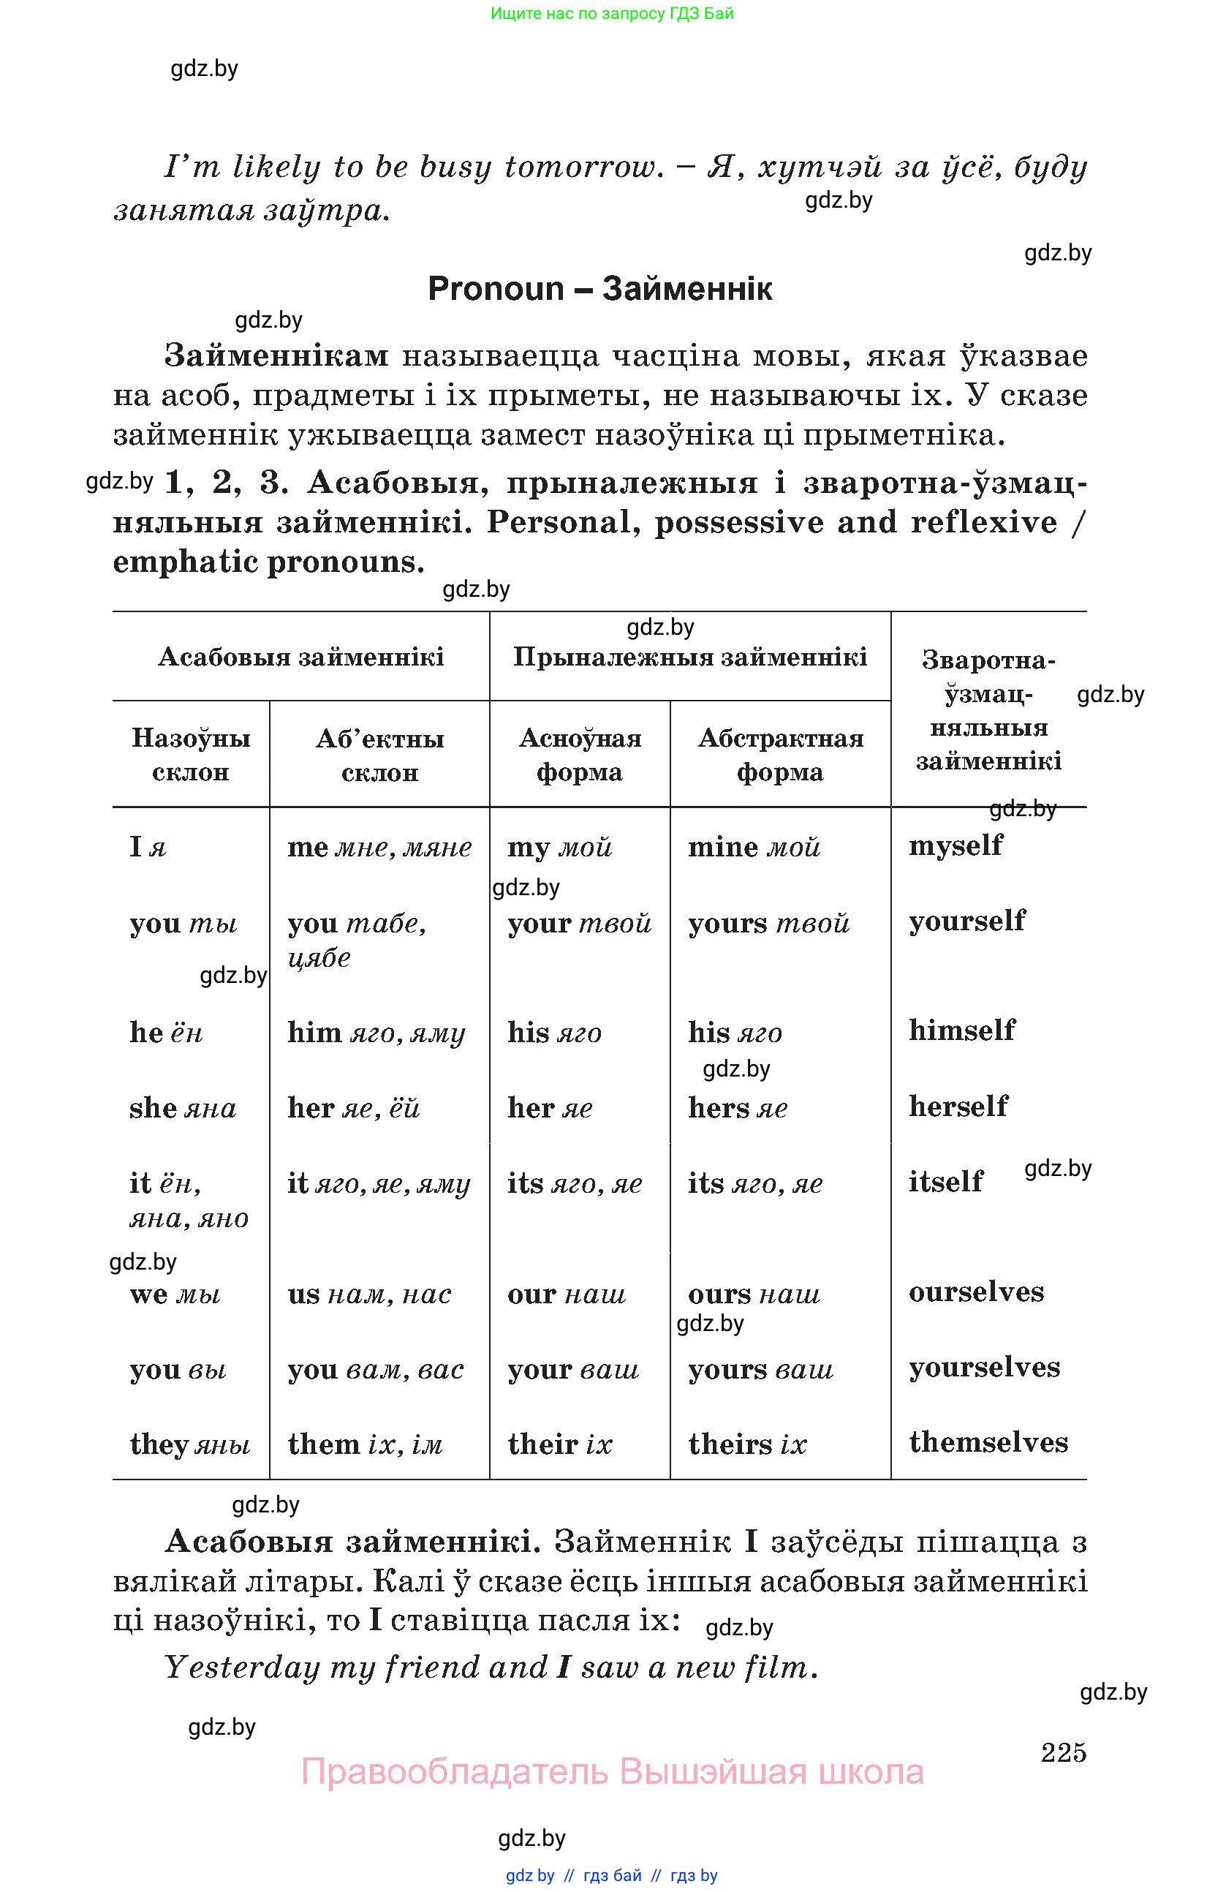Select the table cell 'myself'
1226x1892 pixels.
tap(955, 844)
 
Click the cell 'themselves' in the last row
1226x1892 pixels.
tap(988, 1442)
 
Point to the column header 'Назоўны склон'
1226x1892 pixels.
tap(191, 755)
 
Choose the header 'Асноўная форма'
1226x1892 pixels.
tap(579, 755)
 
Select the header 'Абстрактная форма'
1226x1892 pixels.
tap(780, 755)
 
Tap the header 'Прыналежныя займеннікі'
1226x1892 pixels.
tap(689, 657)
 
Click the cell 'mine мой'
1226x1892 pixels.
tap(753, 847)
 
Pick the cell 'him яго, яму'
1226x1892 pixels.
tap(376, 1033)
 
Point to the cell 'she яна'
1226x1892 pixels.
tap(183, 1107)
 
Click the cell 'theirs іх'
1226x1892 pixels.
tap(747, 1444)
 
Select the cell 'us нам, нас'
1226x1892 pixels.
tap(368, 1294)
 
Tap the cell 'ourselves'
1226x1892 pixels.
tap(976, 1292)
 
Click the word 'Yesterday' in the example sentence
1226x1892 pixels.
tap(241, 1667)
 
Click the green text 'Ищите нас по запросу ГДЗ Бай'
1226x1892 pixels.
tap(612, 13)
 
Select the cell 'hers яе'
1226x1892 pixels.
tap(738, 1107)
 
